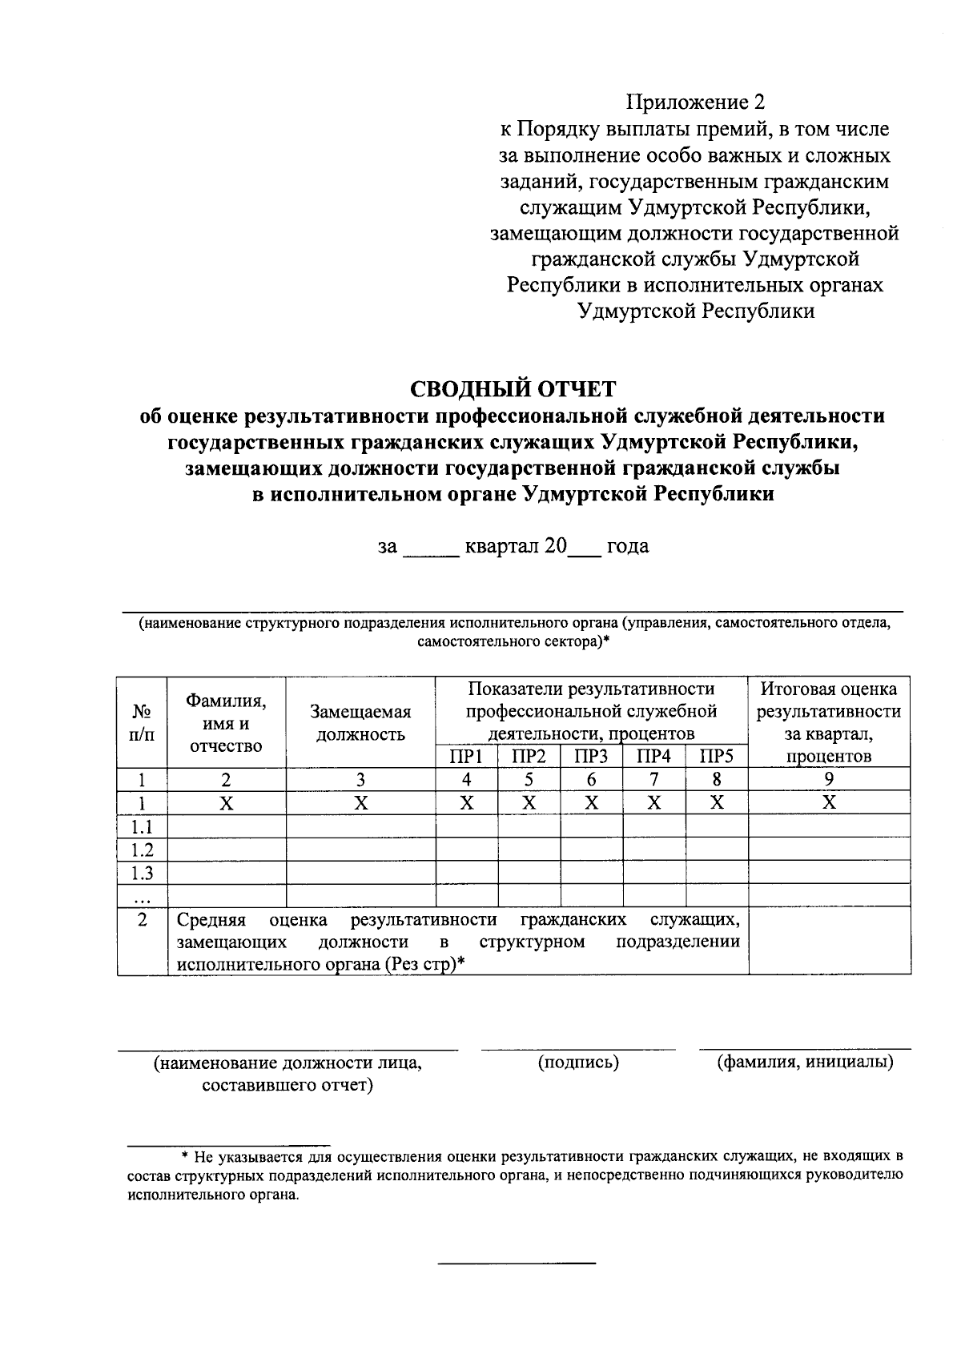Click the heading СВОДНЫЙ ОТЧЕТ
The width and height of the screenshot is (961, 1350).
coord(513,389)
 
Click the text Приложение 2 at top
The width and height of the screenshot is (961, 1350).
coord(696,102)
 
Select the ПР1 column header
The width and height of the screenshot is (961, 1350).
coord(466,757)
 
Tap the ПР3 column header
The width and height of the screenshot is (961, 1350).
coord(591,757)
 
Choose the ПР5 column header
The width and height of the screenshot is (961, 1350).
coord(716,757)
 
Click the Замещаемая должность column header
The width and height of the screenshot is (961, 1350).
coord(360,723)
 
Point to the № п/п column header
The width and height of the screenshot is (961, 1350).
coord(142,723)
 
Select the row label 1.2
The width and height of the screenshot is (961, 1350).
coord(142,850)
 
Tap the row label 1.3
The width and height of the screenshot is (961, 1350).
coord(142,873)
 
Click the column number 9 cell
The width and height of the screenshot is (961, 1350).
coord(829,780)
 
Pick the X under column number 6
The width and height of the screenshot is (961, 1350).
coord(591,803)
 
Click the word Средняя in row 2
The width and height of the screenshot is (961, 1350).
coord(211,919)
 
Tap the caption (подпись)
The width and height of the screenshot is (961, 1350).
coord(578,1063)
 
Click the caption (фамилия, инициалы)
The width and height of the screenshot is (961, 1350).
coord(805,1063)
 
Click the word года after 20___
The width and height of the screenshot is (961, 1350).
coord(628,547)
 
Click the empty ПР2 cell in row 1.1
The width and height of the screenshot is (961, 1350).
coord(529,826)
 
